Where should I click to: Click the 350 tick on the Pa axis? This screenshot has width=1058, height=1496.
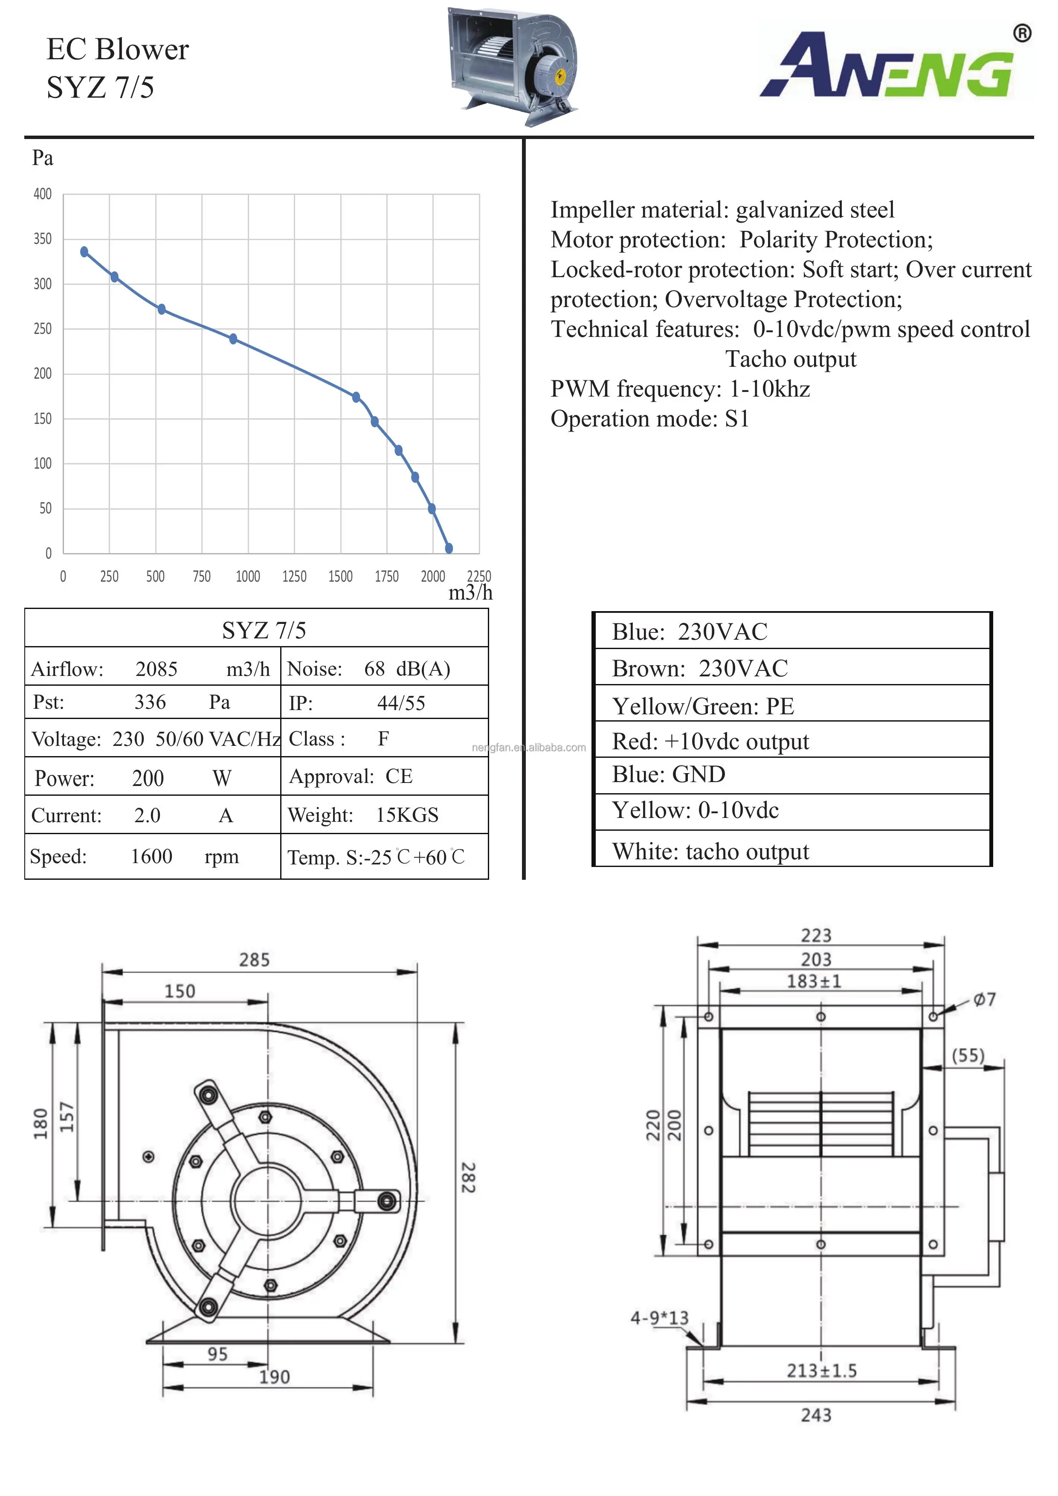tap(42, 239)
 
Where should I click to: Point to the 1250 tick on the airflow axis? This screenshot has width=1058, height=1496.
tap(294, 576)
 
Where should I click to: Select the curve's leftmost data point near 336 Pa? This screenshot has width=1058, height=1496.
tap(84, 252)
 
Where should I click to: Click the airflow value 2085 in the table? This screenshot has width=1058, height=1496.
tap(157, 669)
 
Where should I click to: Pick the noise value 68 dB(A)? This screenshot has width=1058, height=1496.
tap(406, 669)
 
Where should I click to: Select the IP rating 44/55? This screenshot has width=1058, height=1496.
tap(401, 703)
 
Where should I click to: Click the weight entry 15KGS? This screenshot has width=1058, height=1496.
tap(406, 815)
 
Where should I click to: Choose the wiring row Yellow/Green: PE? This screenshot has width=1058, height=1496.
tap(702, 706)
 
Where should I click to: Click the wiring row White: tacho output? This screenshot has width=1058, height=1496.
tap(710, 852)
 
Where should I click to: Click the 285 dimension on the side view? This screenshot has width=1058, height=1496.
tap(254, 960)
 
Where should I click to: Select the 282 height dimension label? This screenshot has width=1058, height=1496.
tap(468, 1177)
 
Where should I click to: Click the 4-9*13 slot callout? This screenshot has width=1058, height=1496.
tap(659, 1318)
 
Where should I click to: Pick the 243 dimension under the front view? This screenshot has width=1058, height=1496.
tap(816, 1415)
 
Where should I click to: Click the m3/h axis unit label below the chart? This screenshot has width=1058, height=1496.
tap(470, 593)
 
